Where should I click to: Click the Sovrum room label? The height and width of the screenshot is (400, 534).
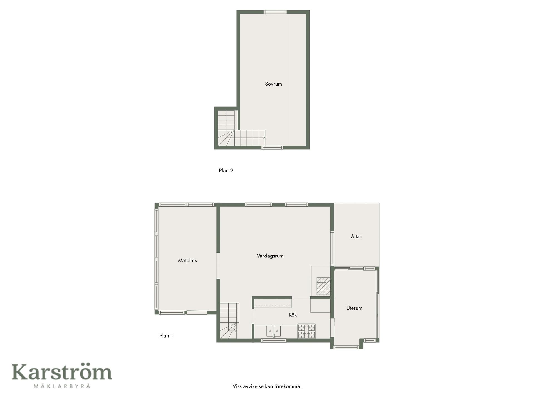point(273,84)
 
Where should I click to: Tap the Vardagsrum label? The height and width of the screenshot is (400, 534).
point(270,256)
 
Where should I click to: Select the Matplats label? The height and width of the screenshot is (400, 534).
point(187,261)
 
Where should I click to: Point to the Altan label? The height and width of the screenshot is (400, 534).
point(356,236)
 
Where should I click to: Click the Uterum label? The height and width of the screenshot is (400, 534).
point(354,308)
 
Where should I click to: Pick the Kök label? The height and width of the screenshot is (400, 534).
point(293,315)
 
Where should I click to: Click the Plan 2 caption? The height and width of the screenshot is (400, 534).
point(226,171)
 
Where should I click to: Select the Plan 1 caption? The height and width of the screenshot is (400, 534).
point(166,336)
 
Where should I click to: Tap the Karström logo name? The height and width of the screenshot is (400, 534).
point(62,372)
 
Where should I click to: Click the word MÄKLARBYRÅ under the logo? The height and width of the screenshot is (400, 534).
point(62,386)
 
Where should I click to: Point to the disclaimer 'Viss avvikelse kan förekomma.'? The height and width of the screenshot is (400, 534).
point(267,386)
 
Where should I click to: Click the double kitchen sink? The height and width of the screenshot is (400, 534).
point(274,331)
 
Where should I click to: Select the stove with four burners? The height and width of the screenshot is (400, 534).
point(306,331)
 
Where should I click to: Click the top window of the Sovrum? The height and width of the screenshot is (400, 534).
point(275,12)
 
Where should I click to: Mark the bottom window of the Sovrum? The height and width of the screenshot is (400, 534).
point(273,147)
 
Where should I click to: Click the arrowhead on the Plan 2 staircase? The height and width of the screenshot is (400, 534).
point(264,138)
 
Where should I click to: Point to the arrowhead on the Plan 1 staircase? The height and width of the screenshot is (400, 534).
point(235,331)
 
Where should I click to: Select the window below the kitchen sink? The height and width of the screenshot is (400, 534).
point(274,340)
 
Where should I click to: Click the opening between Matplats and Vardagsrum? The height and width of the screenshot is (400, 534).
point(218,266)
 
